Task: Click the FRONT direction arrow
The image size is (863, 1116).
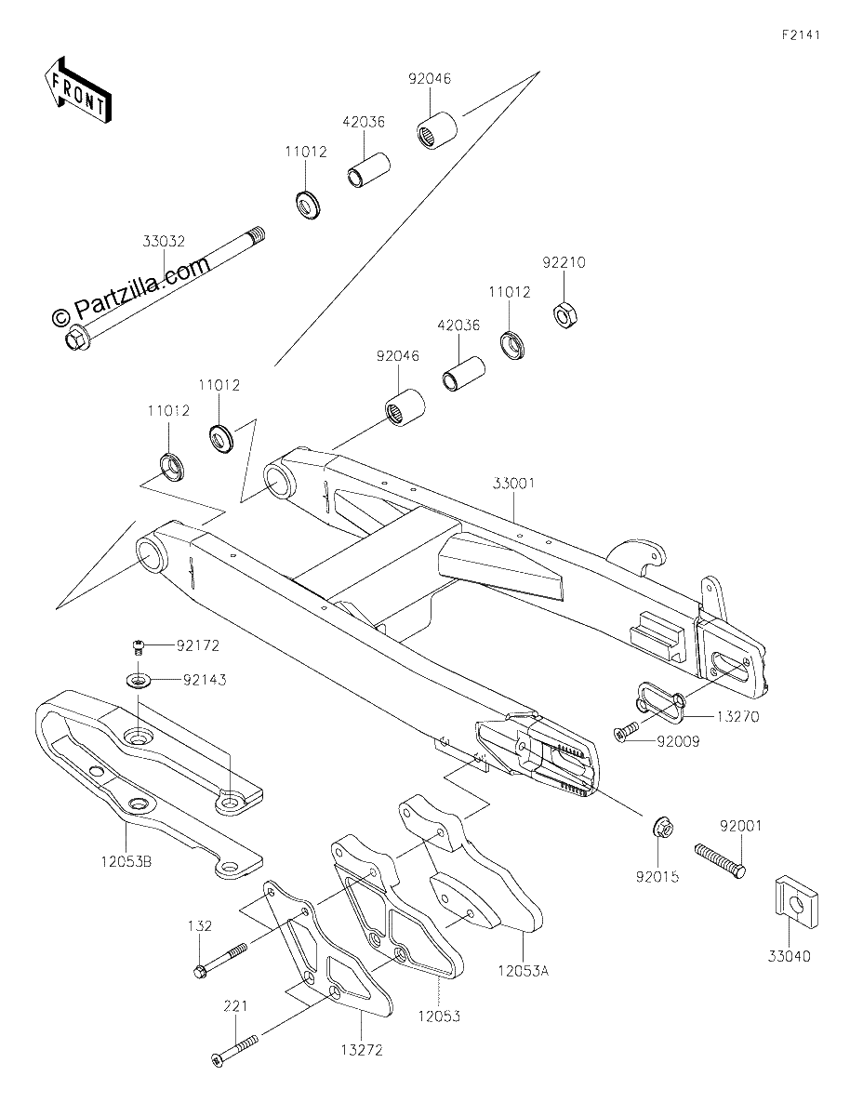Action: coord(77,91)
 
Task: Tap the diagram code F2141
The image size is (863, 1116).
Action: coord(801,35)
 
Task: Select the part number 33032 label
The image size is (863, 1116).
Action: coord(164,241)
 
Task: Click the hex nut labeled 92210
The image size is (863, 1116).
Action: coord(565,315)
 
